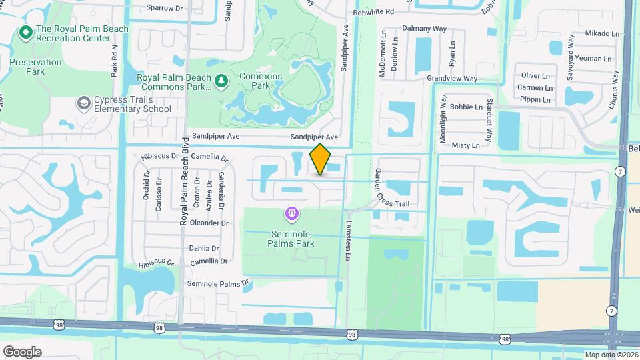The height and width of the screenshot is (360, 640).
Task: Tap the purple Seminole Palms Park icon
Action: pyautogui.click(x=291, y=214)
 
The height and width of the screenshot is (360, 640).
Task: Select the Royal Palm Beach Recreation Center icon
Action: pyautogui.click(x=26, y=31)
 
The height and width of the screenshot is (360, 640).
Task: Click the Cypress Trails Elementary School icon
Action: pyautogui.click(x=83, y=103)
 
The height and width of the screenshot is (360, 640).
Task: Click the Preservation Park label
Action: pyautogui.click(x=35, y=67)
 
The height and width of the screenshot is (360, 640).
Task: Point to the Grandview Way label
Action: pyautogui.click(x=452, y=79)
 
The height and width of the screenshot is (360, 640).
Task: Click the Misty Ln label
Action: pyautogui.click(x=465, y=145)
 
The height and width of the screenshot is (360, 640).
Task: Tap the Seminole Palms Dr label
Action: pyautogui.click(x=217, y=283)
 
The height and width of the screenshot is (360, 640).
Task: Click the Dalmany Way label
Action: pyautogui.click(x=424, y=29)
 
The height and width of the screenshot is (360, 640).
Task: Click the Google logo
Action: pyautogui.click(x=22, y=351)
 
